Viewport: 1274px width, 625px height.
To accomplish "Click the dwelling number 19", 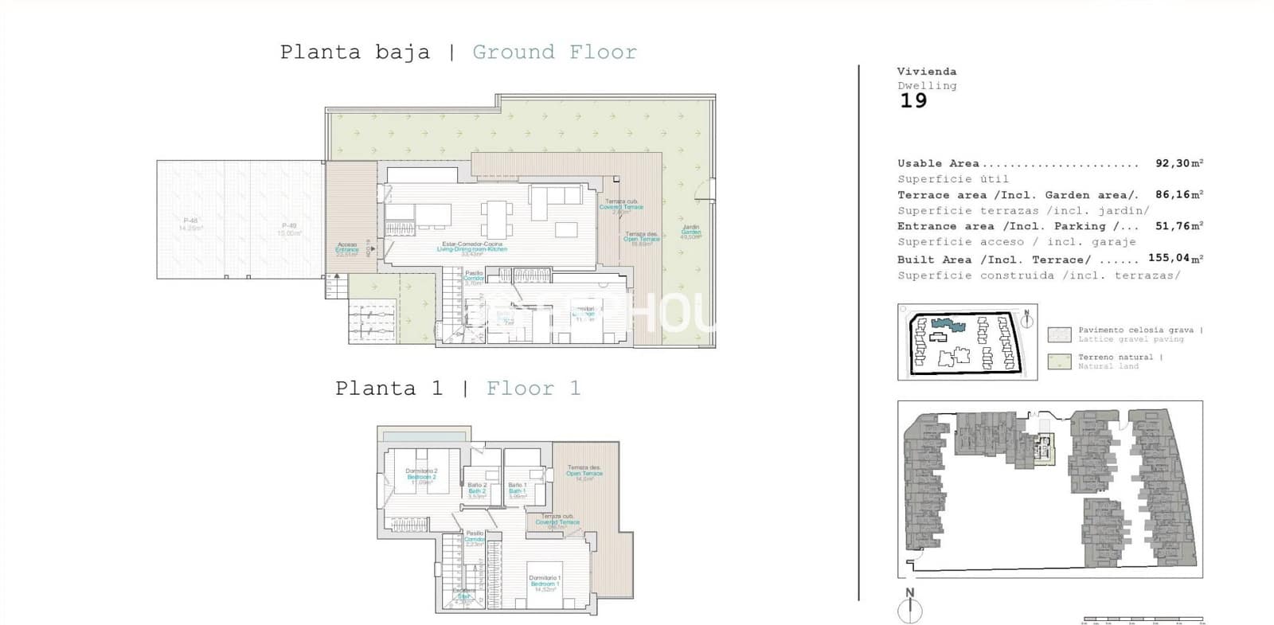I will (913, 101).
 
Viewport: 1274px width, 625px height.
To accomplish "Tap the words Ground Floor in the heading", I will (554, 53).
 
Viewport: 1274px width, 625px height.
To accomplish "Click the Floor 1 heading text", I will (533, 389).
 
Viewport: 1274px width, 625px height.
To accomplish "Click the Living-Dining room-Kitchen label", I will (472, 248).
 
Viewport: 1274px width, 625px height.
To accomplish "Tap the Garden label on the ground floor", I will (690, 232).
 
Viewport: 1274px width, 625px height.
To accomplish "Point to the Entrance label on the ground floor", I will (347, 249).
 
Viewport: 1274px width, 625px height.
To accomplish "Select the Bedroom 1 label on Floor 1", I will (545, 584).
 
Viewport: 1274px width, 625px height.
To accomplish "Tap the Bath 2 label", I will (477, 490).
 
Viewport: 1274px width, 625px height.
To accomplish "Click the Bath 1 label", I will (517, 490).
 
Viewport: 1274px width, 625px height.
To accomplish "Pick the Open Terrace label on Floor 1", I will (584, 474).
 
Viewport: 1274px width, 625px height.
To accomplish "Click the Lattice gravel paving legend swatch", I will (1059, 334).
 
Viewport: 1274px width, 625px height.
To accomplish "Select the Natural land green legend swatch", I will (1059, 361).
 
